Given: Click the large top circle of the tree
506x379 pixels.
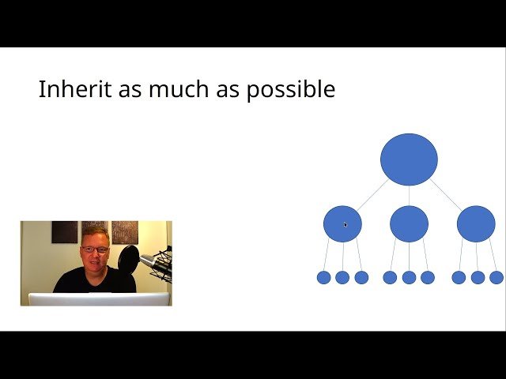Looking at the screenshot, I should (x=409, y=159).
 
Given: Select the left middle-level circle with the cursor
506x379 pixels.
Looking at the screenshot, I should (x=342, y=223).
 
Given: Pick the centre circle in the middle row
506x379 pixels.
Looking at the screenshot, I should (x=409, y=223).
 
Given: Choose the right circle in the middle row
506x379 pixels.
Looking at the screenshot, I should (x=476, y=223).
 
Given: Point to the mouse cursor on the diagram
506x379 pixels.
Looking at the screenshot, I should (x=346, y=225).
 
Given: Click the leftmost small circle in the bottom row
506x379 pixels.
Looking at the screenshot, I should (x=323, y=277).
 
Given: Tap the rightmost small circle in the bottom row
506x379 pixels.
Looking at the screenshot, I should (x=497, y=277).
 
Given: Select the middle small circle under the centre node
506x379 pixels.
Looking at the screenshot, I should (x=409, y=277).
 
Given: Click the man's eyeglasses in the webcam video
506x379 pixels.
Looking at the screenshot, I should (x=94, y=250).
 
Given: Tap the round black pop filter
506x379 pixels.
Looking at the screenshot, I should (x=128, y=258).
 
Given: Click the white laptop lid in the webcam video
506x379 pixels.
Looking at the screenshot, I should (x=99, y=299).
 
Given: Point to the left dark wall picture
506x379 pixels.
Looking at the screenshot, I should (x=64, y=231).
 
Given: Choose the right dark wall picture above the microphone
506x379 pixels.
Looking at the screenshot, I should (x=125, y=231).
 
